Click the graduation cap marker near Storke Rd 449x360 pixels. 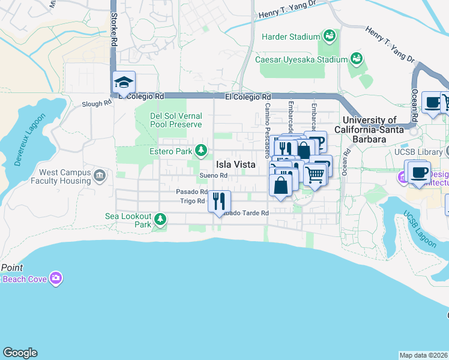pyautogui.click(x=124, y=83)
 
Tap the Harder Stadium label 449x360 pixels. pyautogui.click(x=291, y=37)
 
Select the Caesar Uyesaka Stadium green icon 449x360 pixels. pyautogui.click(x=357, y=59)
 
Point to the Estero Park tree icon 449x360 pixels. pyautogui.click(x=203, y=151)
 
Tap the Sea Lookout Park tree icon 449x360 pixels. pyautogui.click(x=160, y=218)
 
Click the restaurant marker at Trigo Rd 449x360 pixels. pyautogui.click(x=219, y=201)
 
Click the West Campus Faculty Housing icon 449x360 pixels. pyautogui.click(x=100, y=176)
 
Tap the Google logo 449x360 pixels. pyautogui.click(x=20, y=353)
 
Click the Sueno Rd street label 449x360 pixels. pyautogui.click(x=214, y=175)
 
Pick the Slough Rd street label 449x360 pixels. pyautogui.click(x=97, y=104)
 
